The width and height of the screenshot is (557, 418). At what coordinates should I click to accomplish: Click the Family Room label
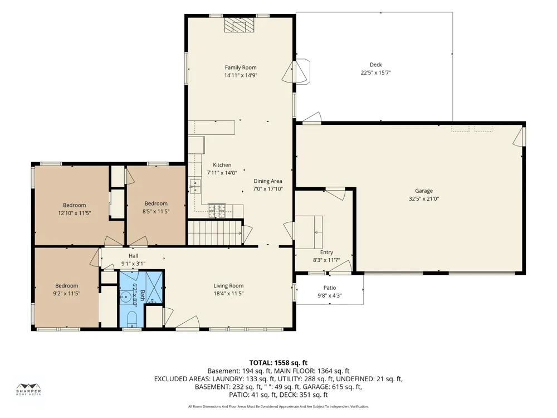click(x=241, y=67)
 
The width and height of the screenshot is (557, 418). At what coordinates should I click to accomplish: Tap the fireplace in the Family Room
click(x=240, y=25)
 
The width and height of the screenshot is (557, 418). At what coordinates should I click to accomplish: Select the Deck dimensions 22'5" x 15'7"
click(x=376, y=72)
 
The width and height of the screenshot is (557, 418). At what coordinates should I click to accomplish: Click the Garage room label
click(x=424, y=191)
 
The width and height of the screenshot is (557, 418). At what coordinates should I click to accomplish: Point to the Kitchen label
click(x=222, y=165)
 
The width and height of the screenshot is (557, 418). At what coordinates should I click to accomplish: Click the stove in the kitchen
click(x=217, y=211)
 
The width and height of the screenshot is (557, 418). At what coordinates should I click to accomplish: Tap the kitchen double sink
click(x=195, y=187)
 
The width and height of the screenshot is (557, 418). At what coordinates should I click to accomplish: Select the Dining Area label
click(x=267, y=181)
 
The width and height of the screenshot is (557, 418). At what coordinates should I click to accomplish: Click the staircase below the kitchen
click(x=214, y=233)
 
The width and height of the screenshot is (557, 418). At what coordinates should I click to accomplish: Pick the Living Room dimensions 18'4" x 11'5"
click(x=228, y=294)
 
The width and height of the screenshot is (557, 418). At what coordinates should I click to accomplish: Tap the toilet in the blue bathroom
click(x=131, y=319)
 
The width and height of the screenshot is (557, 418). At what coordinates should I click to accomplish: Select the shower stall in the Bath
click(x=154, y=287)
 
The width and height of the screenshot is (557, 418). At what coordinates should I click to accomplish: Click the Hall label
click(x=134, y=256)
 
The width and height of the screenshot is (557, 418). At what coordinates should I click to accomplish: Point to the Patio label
click(x=330, y=288)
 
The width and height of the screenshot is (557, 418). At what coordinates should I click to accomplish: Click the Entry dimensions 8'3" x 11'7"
click(x=326, y=260)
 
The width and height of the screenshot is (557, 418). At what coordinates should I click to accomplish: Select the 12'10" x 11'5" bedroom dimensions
click(x=75, y=213)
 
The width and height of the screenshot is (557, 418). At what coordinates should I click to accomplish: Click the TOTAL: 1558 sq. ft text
click(x=278, y=363)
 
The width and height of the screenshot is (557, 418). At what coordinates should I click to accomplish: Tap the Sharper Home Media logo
click(x=29, y=389)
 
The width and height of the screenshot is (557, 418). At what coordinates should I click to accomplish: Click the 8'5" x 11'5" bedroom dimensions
click(x=156, y=211)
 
